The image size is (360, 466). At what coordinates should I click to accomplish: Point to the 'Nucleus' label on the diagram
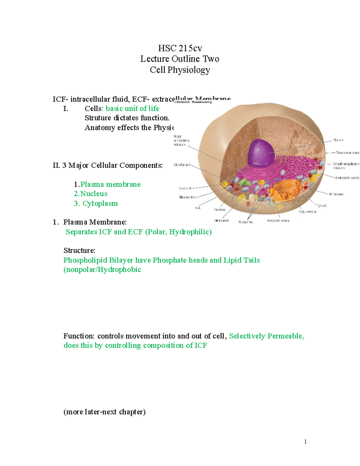(338, 140)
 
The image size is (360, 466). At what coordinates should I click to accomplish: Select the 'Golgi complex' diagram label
(307, 212)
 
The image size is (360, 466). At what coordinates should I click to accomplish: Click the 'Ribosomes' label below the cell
(245, 222)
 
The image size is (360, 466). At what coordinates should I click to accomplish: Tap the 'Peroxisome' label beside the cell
(336, 194)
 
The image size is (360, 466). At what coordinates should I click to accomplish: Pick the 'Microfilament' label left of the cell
(182, 165)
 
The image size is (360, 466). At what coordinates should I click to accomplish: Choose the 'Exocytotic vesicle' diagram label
(278, 221)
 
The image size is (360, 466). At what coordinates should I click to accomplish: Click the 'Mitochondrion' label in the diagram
(187, 197)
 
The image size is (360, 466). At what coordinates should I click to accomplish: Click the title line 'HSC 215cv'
(180, 48)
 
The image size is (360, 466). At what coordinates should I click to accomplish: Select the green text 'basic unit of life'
(133, 108)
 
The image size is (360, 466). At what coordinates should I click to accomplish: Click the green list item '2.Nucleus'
(91, 194)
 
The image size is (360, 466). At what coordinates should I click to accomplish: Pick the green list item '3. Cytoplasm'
(96, 203)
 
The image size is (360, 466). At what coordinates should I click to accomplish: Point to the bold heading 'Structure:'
(79, 251)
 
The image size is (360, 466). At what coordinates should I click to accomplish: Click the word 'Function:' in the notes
(79, 336)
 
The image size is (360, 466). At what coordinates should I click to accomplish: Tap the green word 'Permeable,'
(286, 336)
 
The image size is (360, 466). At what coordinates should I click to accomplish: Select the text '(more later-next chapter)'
(104, 412)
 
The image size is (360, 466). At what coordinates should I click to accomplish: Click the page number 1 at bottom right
(305, 441)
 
